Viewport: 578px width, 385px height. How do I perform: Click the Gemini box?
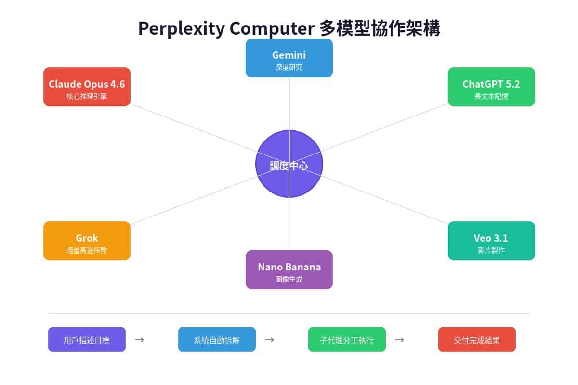tap(289, 58)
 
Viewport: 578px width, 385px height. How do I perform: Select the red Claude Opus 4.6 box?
tap(87, 87)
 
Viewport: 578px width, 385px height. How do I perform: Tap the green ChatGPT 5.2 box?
tap(491, 87)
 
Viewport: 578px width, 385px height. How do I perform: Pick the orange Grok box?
tap(87, 241)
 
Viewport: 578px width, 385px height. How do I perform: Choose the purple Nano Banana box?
tap(289, 269)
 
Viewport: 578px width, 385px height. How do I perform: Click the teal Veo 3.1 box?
tap(491, 241)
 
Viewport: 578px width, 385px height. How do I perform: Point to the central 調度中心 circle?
tap(289, 164)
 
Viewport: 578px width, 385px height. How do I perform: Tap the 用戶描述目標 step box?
tap(87, 340)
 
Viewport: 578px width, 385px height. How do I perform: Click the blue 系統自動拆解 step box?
tap(217, 340)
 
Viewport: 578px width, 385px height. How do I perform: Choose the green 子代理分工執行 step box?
tap(347, 340)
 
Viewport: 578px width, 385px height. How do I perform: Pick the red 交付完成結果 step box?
tap(477, 340)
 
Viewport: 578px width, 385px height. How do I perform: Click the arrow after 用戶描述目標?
tap(140, 340)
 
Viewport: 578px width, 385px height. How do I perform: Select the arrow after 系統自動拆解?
tap(270, 340)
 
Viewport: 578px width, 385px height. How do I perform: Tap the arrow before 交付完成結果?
tap(399, 340)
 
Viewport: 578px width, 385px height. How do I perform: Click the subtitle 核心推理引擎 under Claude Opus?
tap(87, 96)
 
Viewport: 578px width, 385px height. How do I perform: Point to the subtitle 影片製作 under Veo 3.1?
tap(491, 250)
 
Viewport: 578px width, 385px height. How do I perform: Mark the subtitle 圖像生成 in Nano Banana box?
tap(289, 279)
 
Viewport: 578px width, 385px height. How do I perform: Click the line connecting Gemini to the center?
tap(289, 103)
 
